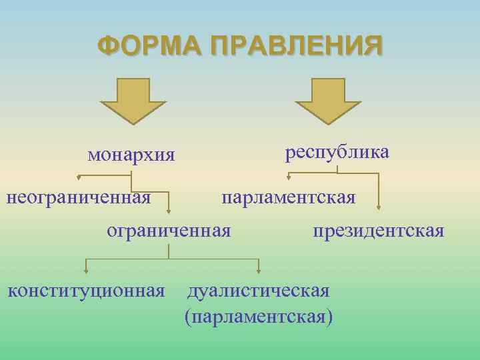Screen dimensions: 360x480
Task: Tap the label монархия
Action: [131, 155]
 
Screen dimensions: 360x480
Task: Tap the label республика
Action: [337, 153]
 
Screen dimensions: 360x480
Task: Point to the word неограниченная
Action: [78, 197]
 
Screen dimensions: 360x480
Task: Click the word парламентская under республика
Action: [289, 198]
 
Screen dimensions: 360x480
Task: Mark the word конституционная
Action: [86, 291]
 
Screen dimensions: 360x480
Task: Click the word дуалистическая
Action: [259, 291]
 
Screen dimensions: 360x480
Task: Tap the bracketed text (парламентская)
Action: [259, 315]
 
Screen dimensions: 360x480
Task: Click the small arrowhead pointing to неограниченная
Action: [79, 178]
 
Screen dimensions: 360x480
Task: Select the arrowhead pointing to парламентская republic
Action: [289, 178]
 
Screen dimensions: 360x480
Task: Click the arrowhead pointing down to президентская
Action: [379, 208]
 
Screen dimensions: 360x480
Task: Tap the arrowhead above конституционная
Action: [85, 271]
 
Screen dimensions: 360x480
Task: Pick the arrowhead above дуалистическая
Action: [259, 271]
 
